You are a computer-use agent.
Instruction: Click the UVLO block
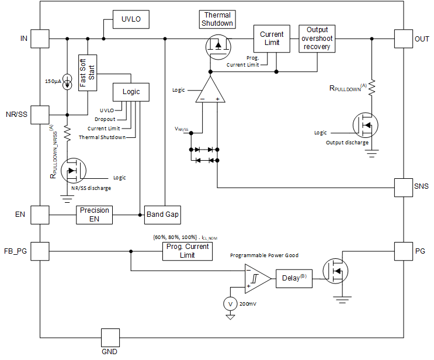pos(131,20)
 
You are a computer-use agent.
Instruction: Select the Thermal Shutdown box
pos(217,19)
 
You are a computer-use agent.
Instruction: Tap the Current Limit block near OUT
pos(272,39)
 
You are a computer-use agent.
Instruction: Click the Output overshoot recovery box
pos(317,39)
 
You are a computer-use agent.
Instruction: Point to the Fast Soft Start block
pos(87,72)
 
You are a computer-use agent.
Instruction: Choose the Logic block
pos(131,92)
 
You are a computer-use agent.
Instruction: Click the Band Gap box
pos(163,214)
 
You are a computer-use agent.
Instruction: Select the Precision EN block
pos(94,214)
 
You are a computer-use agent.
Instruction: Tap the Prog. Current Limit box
pos(187,251)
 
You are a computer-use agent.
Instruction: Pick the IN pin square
pos(40,39)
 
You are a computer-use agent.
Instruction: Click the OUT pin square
pos(404,39)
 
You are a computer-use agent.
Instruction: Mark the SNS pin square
pos(404,187)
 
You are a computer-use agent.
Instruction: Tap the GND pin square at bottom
pos(110,337)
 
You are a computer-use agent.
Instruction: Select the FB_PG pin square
pos(40,251)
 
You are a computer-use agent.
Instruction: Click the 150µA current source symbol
pos(67,81)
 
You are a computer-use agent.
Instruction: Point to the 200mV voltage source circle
pos(230,304)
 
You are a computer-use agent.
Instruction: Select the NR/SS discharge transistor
pos(72,171)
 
